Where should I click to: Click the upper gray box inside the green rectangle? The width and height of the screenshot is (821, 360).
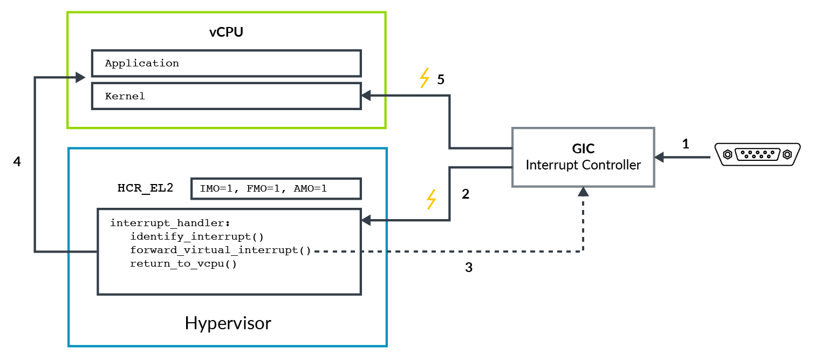226,63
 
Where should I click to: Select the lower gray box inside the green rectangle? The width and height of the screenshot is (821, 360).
226,96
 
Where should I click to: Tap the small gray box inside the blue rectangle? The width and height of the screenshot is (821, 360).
276,188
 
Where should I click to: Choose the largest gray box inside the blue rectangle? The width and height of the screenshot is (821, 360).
229,252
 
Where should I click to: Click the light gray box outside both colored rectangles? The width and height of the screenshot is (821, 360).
583,157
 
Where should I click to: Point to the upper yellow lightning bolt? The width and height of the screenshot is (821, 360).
425,78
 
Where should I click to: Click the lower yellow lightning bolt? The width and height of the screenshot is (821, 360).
431,199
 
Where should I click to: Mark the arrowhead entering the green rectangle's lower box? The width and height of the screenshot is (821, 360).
365,96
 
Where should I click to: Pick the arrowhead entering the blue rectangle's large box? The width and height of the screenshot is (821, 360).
366,220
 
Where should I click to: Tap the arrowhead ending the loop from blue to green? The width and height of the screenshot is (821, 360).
80,78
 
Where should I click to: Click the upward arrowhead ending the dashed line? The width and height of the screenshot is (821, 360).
583,192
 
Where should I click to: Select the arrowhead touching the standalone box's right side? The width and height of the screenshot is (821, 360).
659,158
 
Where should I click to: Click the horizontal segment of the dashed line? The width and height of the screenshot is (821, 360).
448,252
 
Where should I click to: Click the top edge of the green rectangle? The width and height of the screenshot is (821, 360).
227,12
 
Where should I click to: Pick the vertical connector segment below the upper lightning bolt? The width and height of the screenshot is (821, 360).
449,121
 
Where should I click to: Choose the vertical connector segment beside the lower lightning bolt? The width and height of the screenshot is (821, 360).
449,194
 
